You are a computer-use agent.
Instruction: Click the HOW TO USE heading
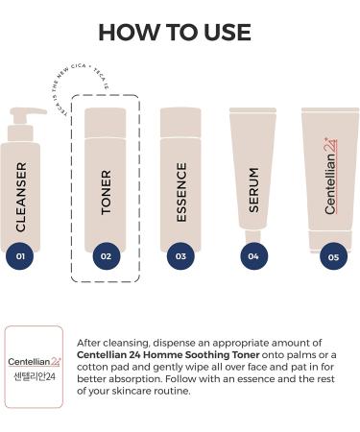pyautogui.click(x=180, y=32)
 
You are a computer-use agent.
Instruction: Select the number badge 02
pyautogui.click(x=106, y=256)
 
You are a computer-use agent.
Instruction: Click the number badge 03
pyautogui.click(x=180, y=256)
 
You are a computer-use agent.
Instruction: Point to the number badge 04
pyautogui.click(x=252, y=256)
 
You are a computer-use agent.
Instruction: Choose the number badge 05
pyautogui.click(x=332, y=256)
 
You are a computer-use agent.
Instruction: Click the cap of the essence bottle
pyautogui.click(x=180, y=122)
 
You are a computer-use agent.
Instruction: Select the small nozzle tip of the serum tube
pyautogui.click(x=252, y=236)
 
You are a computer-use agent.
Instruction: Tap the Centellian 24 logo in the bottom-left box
pyautogui.click(x=33, y=362)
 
